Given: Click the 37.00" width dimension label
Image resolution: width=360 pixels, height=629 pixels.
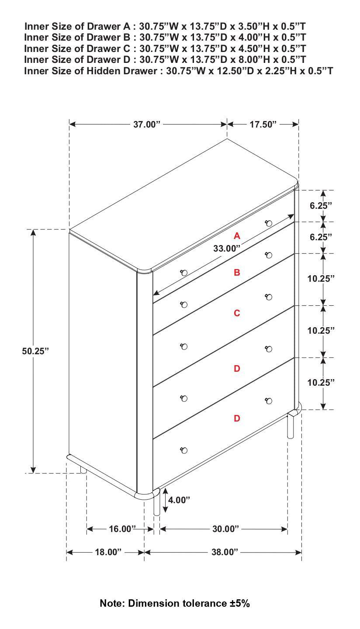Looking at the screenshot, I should tap(147, 124).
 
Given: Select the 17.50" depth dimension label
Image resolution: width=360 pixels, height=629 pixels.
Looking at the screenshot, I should tap(263, 124).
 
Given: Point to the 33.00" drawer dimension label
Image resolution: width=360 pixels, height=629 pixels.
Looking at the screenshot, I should tap(227, 249).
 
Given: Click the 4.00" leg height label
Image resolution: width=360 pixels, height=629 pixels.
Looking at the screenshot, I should tap(179, 500).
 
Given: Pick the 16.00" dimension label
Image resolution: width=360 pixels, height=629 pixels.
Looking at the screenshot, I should tap(122, 529).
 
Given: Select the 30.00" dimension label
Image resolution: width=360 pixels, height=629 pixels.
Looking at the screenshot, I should tap(225, 529).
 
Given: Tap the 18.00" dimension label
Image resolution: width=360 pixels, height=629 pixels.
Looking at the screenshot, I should tap(108, 552).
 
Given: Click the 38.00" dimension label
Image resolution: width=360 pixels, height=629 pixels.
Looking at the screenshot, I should tap(225, 552).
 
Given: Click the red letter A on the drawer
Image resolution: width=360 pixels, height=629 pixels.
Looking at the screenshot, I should tap(237, 236).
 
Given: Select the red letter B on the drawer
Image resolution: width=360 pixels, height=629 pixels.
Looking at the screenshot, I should tap(237, 273).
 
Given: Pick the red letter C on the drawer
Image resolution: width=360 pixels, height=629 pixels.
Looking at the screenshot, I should tap(237, 313).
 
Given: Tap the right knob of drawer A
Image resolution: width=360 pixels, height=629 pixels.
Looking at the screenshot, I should tap(269, 223).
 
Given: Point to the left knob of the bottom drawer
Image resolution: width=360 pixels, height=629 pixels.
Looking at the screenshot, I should tap(184, 450).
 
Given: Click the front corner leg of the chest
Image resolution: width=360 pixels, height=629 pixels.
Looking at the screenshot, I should tap(157, 506).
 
